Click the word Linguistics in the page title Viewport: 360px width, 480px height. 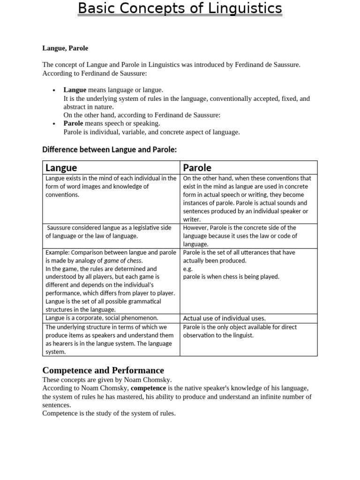pyautogui.click(x=247, y=8)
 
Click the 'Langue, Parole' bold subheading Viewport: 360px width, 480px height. pyautogui.click(x=65, y=48)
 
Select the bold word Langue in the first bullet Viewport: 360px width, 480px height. pyautogui.click(x=75, y=90)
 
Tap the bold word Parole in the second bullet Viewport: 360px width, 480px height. pyautogui.click(x=73, y=123)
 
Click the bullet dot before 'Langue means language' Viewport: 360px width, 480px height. pyautogui.click(x=54, y=90)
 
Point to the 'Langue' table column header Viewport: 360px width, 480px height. pyautogui.click(x=61, y=167)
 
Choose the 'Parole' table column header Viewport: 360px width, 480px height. pyautogui.click(x=197, y=167)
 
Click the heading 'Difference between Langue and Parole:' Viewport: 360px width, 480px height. pyautogui.click(x=109, y=150)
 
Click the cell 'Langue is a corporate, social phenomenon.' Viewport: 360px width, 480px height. pyautogui.click(x=102, y=318)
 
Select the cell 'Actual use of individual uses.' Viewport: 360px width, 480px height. pyautogui.click(x=224, y=318)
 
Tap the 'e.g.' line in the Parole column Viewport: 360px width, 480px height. pyautogui.click(x=187, y=269)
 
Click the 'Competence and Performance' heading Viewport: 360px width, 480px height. pyautogui.click(x=103, y=370)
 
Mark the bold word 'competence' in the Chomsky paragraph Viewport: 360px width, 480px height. pyautogui.click(x=148, y=388)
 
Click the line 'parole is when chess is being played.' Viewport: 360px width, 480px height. pyautogui.click(x=231, y=277)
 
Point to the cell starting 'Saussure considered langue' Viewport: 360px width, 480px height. pyautogui.click(x=111, y=232)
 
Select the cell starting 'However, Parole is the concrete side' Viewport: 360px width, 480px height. pyautogui.click(x=240, y=236)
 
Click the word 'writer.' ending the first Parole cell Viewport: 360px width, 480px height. pyautogui.click(x=192, y=219)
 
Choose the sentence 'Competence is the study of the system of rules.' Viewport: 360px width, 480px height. pyautogui.click(x=109, y=413)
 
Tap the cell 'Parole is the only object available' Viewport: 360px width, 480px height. pyautogui.click(x=240, y=331)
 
